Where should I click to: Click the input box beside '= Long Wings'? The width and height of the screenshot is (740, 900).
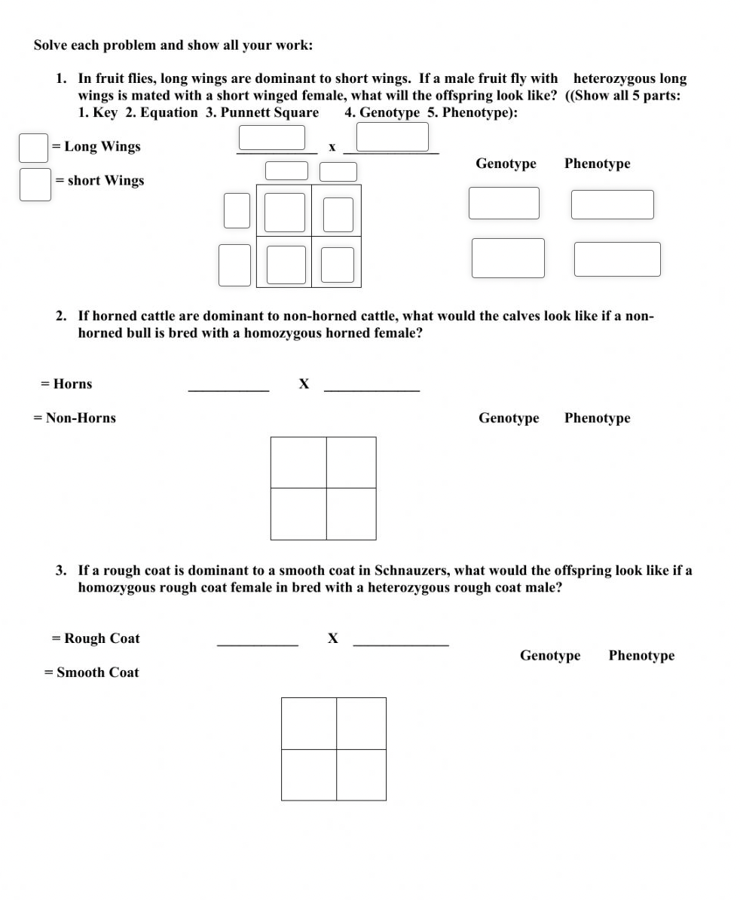(33, 148)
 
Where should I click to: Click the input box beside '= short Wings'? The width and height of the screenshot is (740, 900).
(35, 185)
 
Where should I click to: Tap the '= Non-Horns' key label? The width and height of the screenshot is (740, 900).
(75, 418)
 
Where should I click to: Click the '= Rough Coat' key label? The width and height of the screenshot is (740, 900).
(96, 638)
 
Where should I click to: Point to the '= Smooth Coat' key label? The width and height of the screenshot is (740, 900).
(92, 672)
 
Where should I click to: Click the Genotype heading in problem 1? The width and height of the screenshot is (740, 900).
(506, 164)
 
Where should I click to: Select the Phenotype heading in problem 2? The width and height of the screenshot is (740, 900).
(597, 418)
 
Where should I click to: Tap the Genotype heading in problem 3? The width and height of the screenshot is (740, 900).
(550, 655)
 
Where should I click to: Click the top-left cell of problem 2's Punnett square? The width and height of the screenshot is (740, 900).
(298, 463)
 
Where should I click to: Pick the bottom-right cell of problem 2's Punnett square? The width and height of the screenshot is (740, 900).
(351, 514)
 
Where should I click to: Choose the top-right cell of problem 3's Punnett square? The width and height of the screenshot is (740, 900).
(361, 724)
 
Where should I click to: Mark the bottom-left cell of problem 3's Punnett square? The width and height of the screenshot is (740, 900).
(309, 775)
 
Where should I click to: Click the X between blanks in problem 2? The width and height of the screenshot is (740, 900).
(304, 384)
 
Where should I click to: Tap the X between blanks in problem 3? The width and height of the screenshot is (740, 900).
(332, 638)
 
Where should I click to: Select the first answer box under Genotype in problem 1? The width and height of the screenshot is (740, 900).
(503, 203)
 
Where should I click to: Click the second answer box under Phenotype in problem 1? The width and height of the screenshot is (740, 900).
(616, 259)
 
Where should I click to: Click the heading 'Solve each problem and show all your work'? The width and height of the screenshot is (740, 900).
(173, 45)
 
